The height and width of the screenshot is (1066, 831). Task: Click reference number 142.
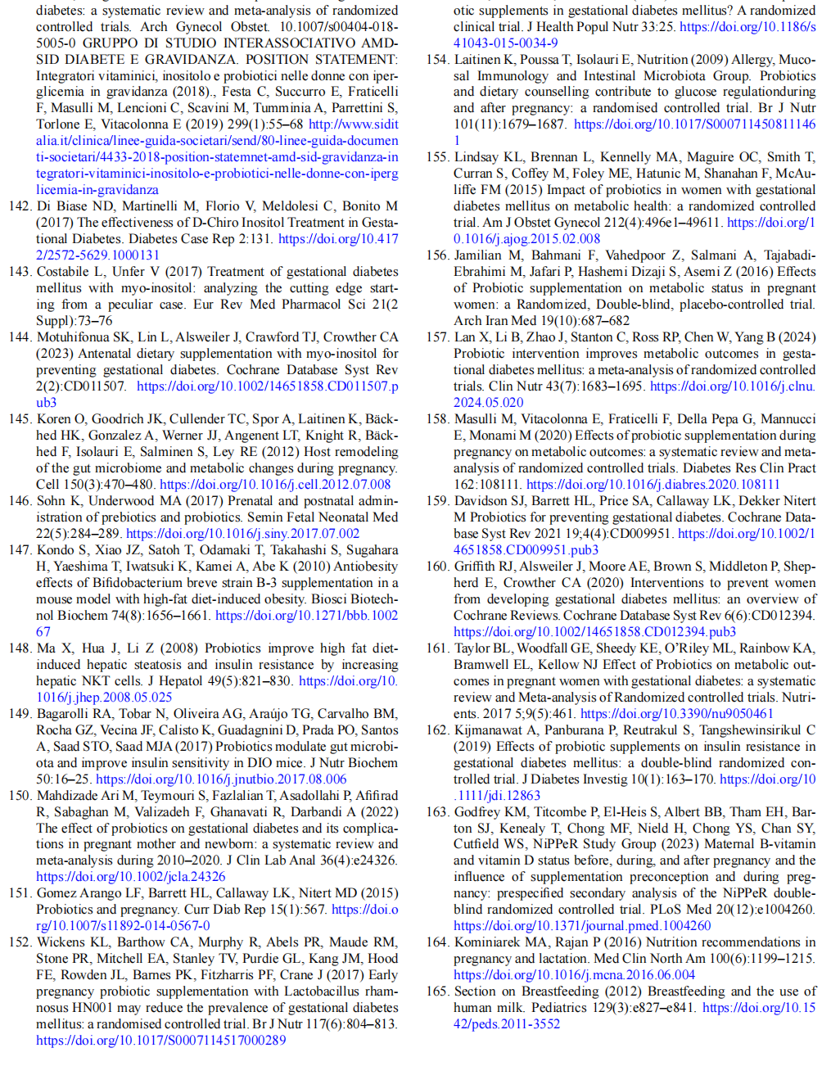20,206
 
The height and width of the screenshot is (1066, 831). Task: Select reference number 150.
20,796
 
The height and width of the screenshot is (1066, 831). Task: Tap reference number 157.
437,337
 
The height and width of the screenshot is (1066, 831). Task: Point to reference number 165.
437,991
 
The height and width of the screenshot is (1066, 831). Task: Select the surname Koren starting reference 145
53,419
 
